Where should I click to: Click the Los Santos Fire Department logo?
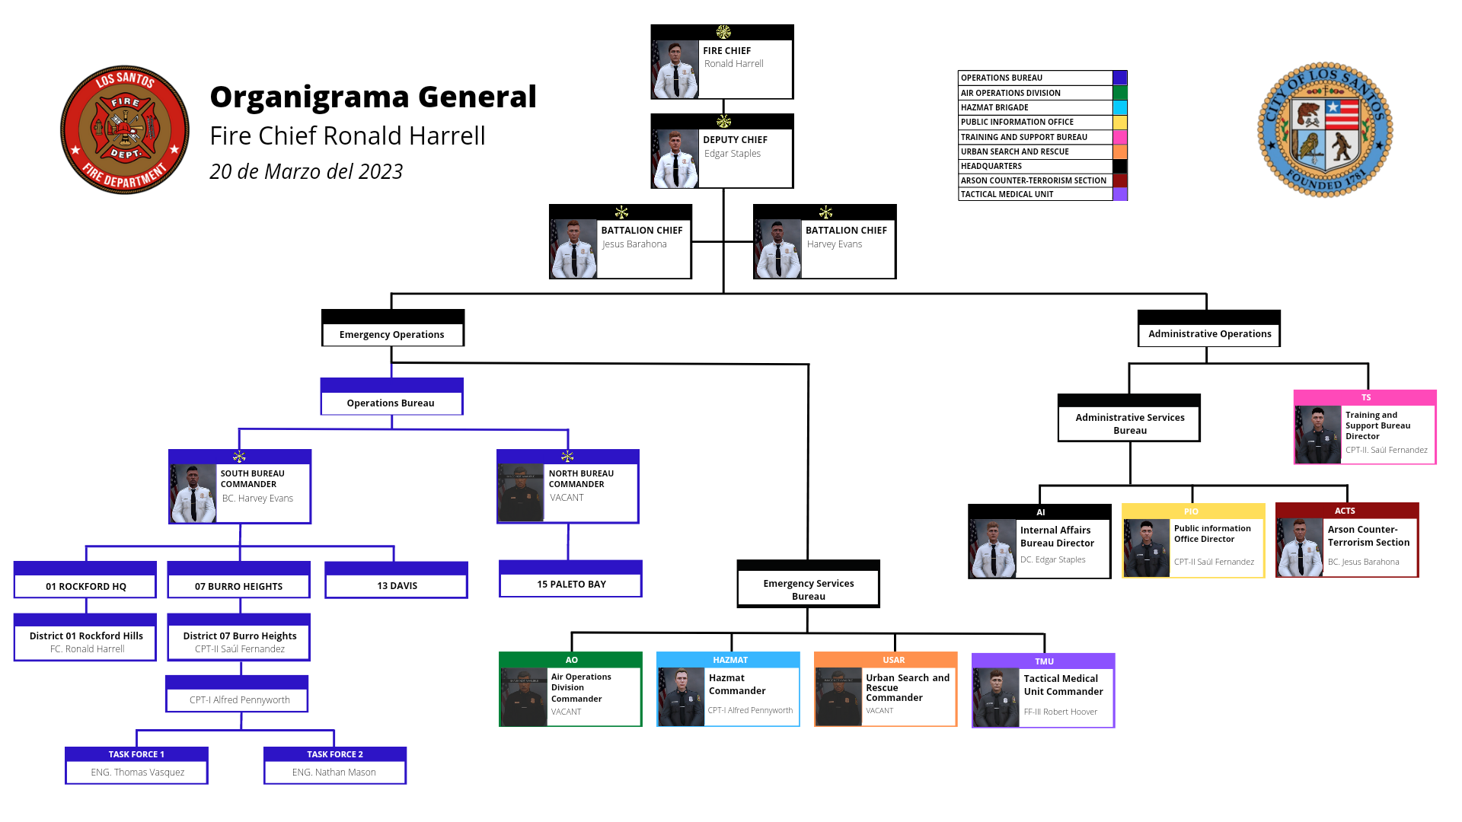coord(125,129)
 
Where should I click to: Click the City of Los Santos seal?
coord(1325,129)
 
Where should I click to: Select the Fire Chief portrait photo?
coord(675,69)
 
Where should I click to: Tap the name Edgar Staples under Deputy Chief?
coord(732,153)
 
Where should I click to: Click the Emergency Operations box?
coord(393,328)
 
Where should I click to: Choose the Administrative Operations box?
coord(1209,328)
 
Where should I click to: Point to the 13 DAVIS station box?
coord(397,580)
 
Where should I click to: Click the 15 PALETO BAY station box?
coord(570,579)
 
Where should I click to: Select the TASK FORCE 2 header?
coord(335,754)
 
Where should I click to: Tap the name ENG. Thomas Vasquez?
coord(137,772)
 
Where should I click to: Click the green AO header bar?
coord(570,660)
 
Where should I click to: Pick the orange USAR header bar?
coord(886,660)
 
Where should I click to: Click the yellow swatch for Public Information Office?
coord(1120,122)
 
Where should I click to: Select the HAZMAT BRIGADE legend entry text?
coord(994,107)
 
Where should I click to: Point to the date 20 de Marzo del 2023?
coord(306,172)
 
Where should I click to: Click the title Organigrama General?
coord(373,97)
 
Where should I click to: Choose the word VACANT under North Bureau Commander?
coord(567,498)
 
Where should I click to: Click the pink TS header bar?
coord(1365,397)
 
